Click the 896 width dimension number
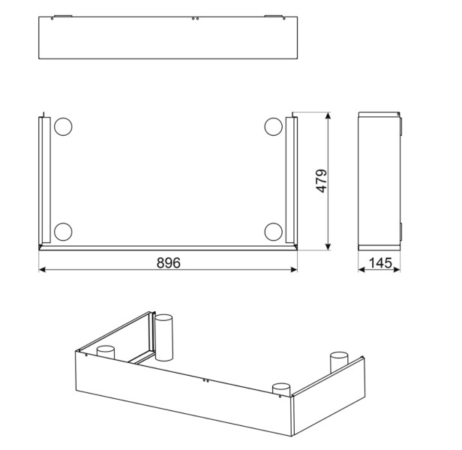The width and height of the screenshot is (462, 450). coord(169,262)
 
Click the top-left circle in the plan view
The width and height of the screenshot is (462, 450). coord(62,127)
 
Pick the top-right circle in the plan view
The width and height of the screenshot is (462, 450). coord(272,127)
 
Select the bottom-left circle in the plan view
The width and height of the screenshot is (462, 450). coord(62,232)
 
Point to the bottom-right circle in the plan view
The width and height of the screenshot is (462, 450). coord(272,232)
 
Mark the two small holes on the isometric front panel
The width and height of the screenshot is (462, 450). coord(205,381)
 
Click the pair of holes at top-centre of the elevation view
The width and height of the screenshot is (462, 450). coord(195,18)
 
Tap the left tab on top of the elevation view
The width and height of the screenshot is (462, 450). coord(62,16)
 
